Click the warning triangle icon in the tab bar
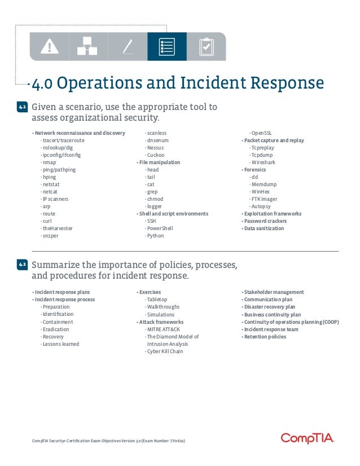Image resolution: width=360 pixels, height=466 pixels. [x=50, y=46]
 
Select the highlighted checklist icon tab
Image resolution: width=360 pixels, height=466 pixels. [x=166, y=46]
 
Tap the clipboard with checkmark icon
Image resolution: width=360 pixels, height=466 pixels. [x=206, y=46]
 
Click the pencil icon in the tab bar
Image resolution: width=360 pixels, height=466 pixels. [x=128, y=46]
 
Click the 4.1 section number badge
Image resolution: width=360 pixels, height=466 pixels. [x=23, y=107]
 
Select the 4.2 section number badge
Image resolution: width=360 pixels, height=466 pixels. [x=23, y=265]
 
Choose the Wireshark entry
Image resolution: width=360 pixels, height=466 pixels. [x=264, y=162]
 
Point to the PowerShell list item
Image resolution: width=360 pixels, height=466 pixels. [x=160, y=228]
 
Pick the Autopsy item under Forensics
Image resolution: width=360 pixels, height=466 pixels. [x=261, y=206]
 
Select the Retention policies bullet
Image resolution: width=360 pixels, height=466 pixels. [x=265, y=337]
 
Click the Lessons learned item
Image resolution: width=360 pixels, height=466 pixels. [x=60, y=344]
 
